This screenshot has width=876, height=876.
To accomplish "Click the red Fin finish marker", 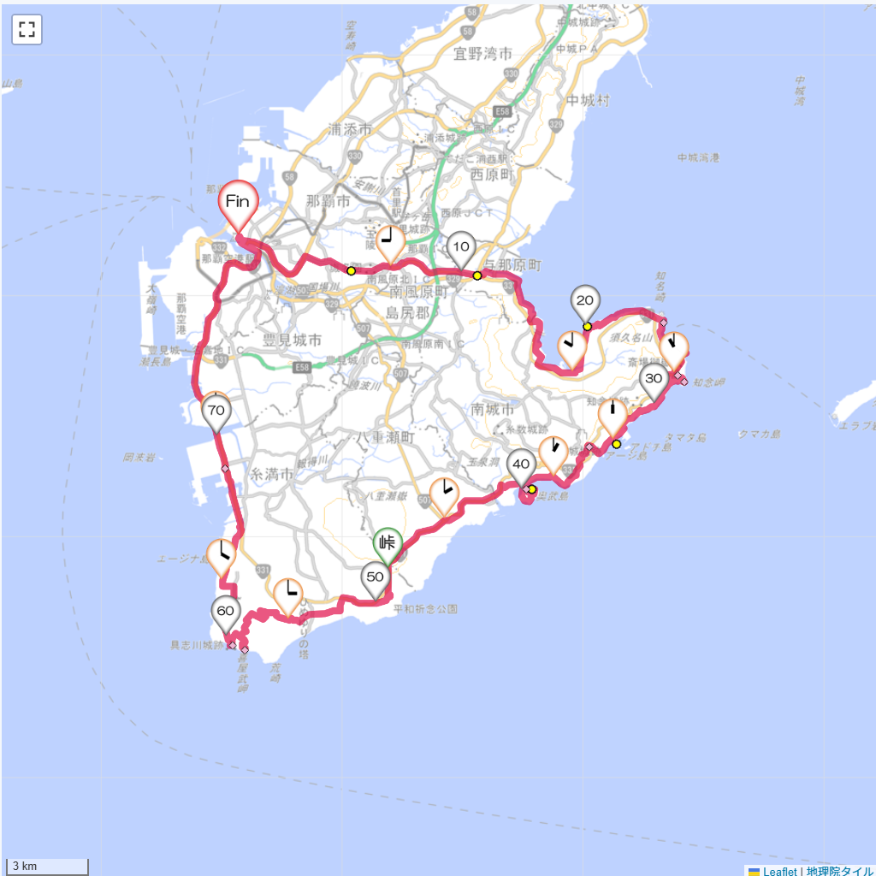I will tap(237, 203).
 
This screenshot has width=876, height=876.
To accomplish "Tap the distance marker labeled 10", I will tap(461, 247).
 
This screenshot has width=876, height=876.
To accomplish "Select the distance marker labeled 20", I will tap(586, 300).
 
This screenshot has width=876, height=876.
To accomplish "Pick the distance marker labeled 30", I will tap(654, 379).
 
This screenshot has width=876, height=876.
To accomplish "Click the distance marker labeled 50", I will tap(375, 577).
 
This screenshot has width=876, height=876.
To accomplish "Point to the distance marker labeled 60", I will tap(225, 612).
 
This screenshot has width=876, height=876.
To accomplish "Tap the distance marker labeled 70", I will tap(216, 411).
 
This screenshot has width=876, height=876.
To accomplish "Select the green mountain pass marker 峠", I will tap(387, 542).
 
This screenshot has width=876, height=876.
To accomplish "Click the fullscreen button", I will tap(27, 30).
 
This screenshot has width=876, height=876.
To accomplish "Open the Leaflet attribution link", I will tap(779, 871).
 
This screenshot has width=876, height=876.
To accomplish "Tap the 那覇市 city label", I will tap(328, 202).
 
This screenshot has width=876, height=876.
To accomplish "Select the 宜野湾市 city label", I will tap(483, 55).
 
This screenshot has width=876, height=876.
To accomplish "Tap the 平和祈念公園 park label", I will tap(425, 609).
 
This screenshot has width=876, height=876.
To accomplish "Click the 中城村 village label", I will tap(588, 101).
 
